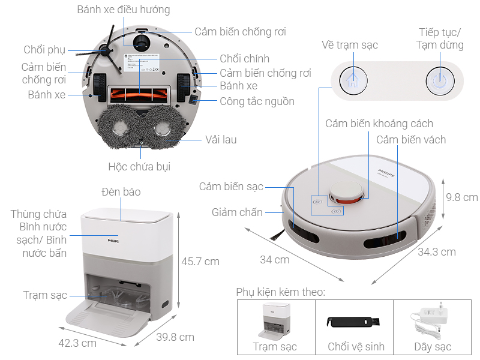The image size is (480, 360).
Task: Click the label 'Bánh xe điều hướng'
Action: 124,10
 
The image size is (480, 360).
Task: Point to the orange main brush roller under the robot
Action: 139,93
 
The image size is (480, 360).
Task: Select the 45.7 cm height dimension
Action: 200,262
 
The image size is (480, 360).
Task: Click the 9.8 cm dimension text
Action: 462,197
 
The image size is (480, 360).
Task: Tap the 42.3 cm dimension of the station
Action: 77,343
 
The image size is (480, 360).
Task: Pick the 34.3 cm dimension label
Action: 436,251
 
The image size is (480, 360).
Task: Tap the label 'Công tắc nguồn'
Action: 257,101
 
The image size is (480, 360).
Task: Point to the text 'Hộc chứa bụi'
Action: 139,167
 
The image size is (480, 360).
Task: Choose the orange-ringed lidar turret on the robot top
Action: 347,194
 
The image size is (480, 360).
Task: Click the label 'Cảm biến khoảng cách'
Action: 379,124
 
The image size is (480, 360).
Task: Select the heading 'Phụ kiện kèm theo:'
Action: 280,292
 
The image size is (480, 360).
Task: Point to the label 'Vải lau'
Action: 221,139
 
